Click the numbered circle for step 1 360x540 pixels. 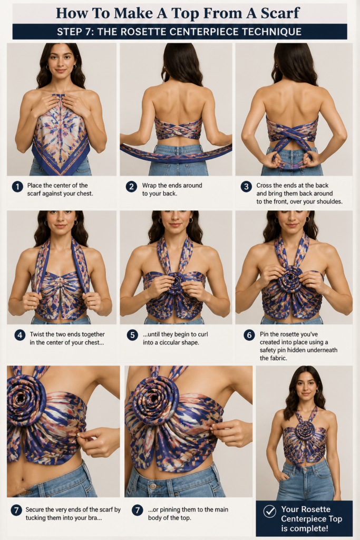pos(17,187)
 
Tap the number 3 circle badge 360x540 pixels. pos(246,187)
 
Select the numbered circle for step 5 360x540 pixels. pos(132,335)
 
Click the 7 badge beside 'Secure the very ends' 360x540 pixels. pos(16,510)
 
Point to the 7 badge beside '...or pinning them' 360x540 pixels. pos(138,510)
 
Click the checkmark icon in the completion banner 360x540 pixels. pos(269,511)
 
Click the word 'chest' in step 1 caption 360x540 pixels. pos(85,194)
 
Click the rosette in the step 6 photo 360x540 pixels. pos(290,279)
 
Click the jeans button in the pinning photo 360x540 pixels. pos(153,486)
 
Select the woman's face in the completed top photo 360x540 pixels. pos(306,385)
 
